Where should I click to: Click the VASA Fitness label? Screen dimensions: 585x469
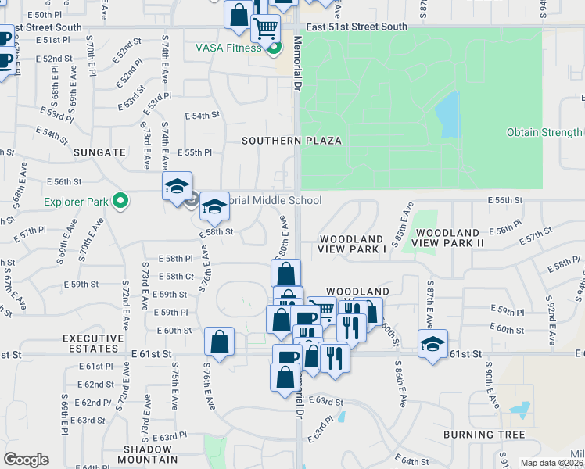228,48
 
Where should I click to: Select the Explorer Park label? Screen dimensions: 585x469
75,202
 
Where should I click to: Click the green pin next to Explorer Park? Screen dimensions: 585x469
120,202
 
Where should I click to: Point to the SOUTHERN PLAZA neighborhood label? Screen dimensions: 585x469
292,141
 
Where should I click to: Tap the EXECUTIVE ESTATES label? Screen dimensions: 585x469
94,344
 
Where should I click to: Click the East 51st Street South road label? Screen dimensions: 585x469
357,27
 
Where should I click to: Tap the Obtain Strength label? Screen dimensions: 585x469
544,133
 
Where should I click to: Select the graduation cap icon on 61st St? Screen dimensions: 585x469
432,343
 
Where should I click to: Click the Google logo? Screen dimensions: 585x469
26,460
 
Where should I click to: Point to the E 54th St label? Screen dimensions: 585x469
202,116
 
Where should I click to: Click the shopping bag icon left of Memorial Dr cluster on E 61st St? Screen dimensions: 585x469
220,341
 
